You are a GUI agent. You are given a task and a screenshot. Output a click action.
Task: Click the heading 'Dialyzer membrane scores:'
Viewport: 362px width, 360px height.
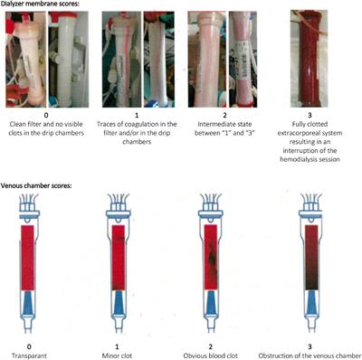click(41, 5)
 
